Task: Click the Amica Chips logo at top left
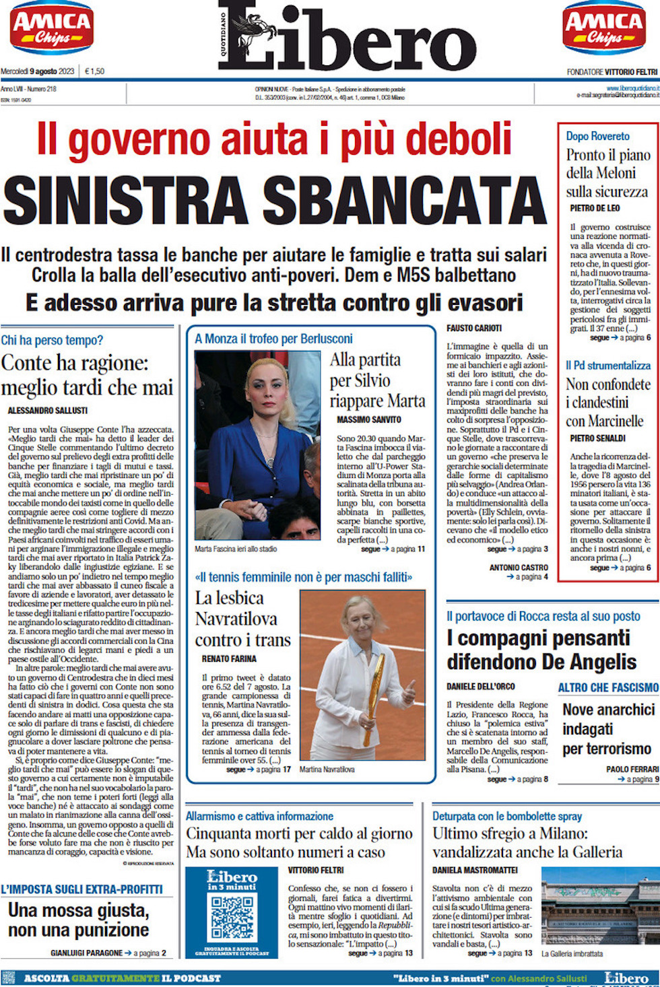(51, 28)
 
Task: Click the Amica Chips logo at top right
(604, 28)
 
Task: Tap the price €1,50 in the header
(95, 71)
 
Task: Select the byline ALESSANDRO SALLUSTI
(48, 410)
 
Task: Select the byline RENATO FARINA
(229, 658)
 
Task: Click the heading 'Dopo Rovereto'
(597, 136)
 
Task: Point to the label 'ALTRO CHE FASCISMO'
(607, 687)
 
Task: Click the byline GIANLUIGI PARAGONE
(86, 953)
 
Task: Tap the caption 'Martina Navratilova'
(327, 769)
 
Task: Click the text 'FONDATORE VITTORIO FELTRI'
(612, 71)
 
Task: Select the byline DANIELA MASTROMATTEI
(475, 870)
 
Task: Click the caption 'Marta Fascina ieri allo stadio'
(236, 549)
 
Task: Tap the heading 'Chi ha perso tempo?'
(53, 340)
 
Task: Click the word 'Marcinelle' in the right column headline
(614, 421)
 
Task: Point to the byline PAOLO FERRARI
(632, 769)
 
